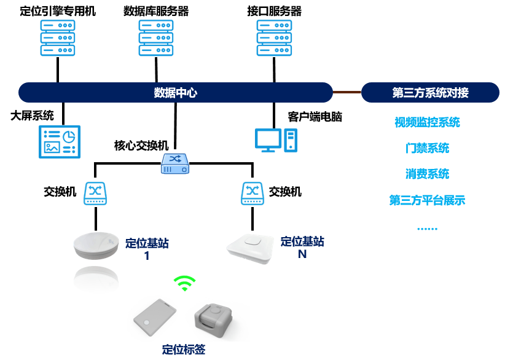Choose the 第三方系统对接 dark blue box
click(x=430, y=93)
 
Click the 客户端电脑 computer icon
click(x=276, y=140)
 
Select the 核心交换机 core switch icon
click(x=175, y=162)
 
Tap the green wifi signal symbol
click(x=184, y=283)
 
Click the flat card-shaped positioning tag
click(x=156, y=319)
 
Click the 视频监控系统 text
click(x=427, y=122)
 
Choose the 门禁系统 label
click(x=427, y=148)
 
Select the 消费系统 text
click(x=427, y=174)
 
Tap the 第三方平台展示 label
click(x=427, y=200)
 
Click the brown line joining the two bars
click(x=347, y=92)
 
